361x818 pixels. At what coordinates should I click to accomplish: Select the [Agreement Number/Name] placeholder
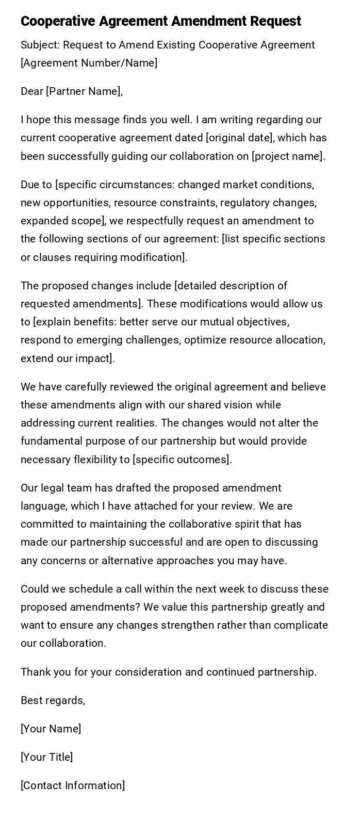pyautogui.click(x=89, y=63)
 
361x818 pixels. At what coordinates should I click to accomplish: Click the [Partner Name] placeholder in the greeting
pyautogui.click(x=84, y=91)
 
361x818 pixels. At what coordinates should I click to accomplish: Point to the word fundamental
pyautogui.click(x=52, y=441)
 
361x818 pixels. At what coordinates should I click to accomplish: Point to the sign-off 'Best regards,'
pyautogui.click(x=53, y=700)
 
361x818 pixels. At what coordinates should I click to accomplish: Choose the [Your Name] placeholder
pyautogui.click(x=51, y=729)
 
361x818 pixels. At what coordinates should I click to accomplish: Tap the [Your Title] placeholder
pyautogui.click(x=46, y=757)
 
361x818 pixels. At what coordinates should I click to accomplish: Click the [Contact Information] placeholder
pyautogui.click(x=73, y=786)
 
